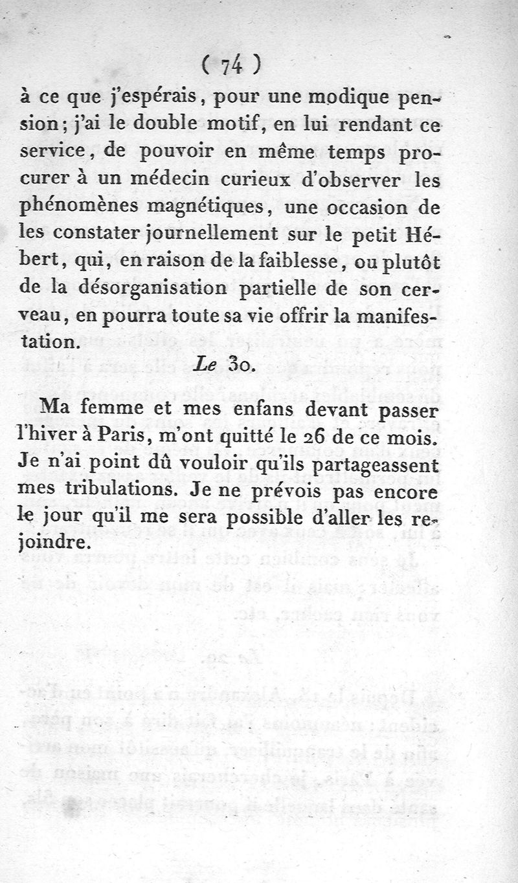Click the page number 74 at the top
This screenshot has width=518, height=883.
coord(231,65)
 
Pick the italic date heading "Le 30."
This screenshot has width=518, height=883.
coord(226,364)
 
